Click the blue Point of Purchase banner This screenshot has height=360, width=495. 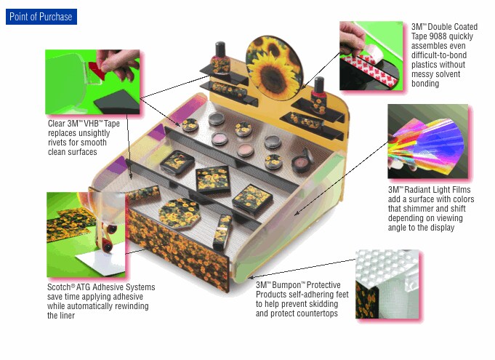tap(41, 17)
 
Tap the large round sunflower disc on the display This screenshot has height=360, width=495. tap(274, 68)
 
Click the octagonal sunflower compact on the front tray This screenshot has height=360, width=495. tap(179, 214)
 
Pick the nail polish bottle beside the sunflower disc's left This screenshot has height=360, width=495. tap(220, 58)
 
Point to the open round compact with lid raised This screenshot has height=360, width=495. tap(302, 161)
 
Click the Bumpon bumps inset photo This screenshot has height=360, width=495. tap(387, 284)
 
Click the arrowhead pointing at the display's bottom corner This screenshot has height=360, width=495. tap(250, 278)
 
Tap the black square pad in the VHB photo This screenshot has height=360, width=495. tap(118, 101)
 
